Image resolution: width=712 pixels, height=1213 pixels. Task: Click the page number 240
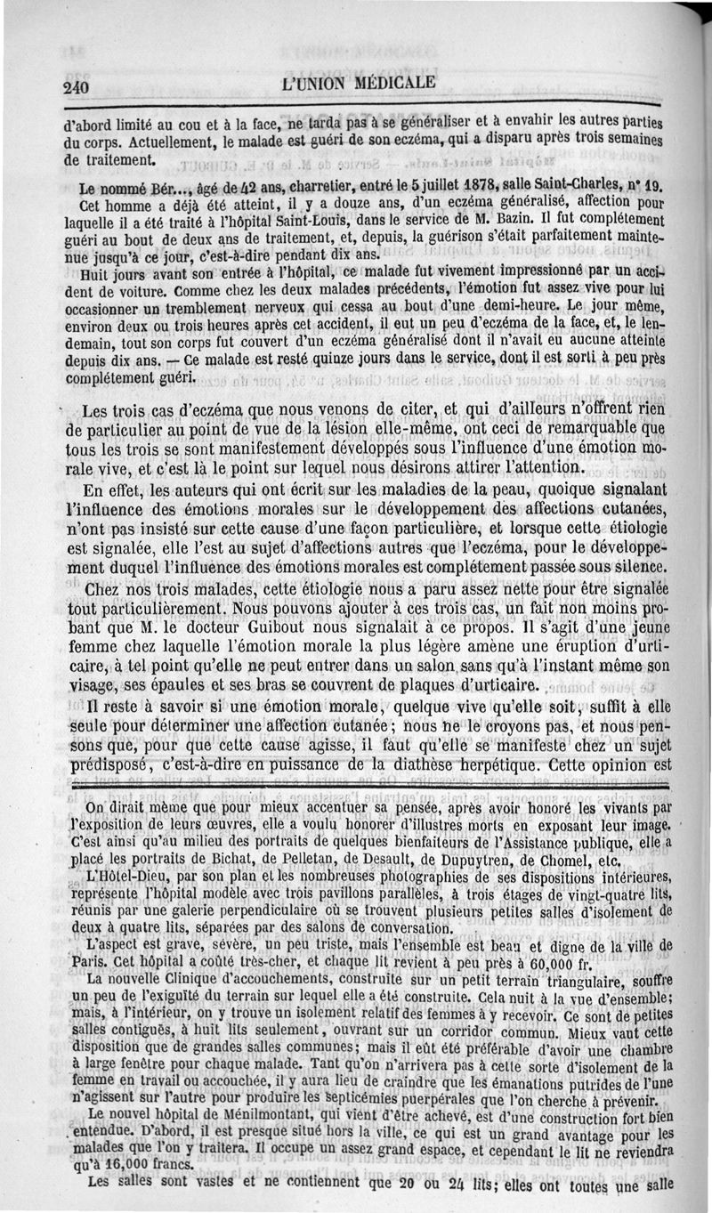(x=77, y=86)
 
